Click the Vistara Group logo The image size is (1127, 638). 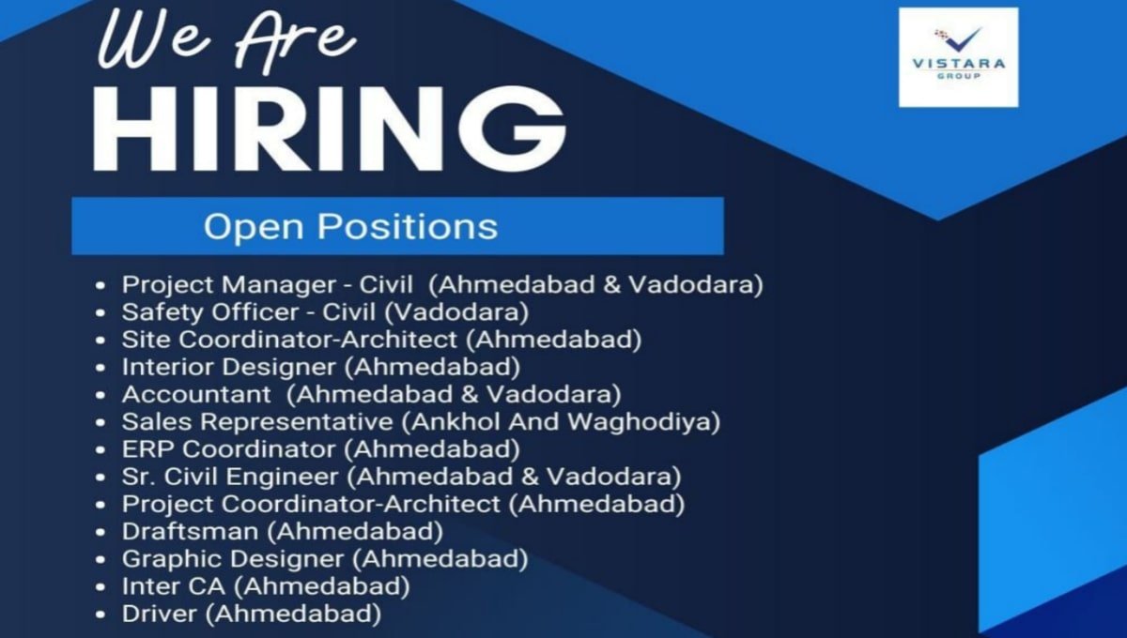(958, 56)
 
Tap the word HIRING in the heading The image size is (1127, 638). (329, 129)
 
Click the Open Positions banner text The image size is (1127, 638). (350, 226)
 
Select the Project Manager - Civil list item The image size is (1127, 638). (267, 284)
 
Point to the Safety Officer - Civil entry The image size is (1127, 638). (249, 310)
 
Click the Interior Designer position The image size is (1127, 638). (228, 365)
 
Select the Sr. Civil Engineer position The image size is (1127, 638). (235, 476)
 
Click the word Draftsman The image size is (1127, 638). (190, 531)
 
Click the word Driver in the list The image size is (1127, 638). (160, 615)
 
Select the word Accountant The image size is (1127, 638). (196, 393)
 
